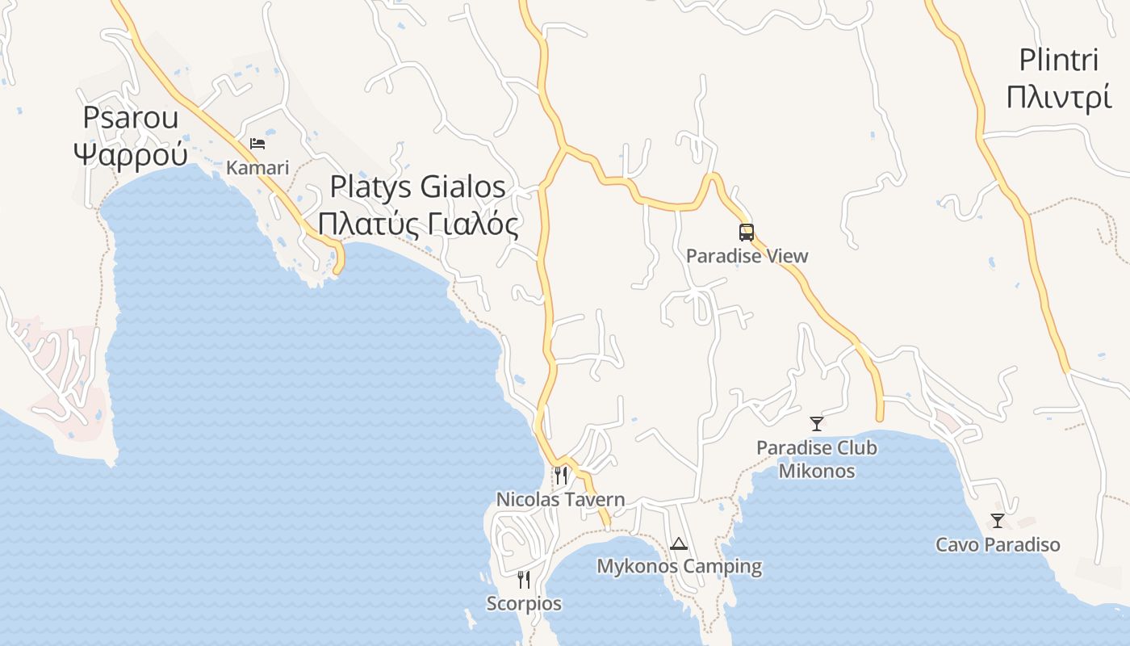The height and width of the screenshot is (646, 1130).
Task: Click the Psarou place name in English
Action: (x=131, y=118)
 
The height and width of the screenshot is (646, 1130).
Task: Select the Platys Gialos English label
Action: (x=417, y=187)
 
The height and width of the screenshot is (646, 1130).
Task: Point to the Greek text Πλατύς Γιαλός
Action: (x=417, y=224)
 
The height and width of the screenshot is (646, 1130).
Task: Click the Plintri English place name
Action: (x=1059, y=60)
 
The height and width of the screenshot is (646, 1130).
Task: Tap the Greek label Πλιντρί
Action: (x=1059, y=96)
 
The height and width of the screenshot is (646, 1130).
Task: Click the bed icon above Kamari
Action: (x=257, y=144)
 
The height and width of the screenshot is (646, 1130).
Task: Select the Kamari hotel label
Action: (x=257, y=168)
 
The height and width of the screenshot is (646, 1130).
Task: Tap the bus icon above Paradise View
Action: (x=747, y=233)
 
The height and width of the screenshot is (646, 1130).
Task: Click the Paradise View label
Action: (x=747, y=256)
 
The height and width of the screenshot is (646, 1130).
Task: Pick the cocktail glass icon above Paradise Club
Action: (x=817, y=423)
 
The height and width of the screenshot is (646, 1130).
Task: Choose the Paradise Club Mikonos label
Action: (x=817, y=459)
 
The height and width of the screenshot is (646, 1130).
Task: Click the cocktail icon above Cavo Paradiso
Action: (x=998, y=521)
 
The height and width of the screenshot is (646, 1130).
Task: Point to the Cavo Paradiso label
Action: (x=998, y=545)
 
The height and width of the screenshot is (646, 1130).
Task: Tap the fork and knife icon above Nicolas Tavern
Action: (x=561, y=475)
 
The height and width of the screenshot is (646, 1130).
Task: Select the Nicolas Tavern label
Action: (x=560, y=500)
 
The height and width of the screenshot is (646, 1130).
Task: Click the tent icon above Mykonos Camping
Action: (x=678, y=543)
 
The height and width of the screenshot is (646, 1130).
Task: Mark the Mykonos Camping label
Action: (x=679, y=567)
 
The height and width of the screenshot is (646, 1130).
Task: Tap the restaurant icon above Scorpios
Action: (x=524, y=579)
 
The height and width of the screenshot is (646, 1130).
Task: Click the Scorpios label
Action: (x=524, y=603)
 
